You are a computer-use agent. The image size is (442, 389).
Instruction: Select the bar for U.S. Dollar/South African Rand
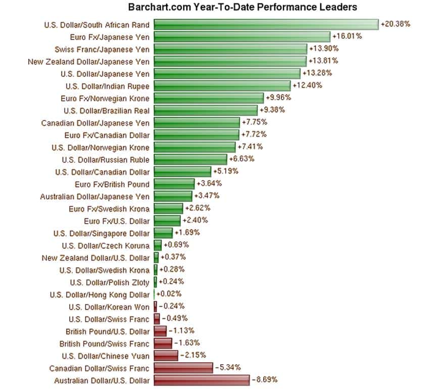[266, 24]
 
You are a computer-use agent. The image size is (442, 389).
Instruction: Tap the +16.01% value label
[346, 36]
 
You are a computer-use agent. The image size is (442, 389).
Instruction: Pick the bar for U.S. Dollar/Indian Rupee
[222, 85]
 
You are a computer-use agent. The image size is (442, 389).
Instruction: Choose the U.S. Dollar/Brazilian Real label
[107, 110]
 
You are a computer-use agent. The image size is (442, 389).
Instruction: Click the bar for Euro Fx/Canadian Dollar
[197, 135]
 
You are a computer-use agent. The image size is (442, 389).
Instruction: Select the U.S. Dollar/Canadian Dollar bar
[182, 171]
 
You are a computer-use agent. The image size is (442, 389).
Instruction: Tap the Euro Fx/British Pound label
[112, 184]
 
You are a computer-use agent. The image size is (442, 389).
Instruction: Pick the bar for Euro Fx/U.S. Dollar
[167, 221]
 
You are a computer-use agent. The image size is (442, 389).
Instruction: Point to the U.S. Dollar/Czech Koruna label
[106, 245]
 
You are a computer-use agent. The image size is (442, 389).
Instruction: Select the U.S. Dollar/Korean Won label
[109, 307]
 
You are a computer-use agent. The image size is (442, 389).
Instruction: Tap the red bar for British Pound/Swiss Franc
[163, 343]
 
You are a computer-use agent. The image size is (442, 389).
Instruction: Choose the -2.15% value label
[192, 355]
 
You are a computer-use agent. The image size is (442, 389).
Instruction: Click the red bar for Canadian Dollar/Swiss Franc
[183, 368]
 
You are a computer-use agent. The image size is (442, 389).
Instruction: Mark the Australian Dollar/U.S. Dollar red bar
[202, 380]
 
